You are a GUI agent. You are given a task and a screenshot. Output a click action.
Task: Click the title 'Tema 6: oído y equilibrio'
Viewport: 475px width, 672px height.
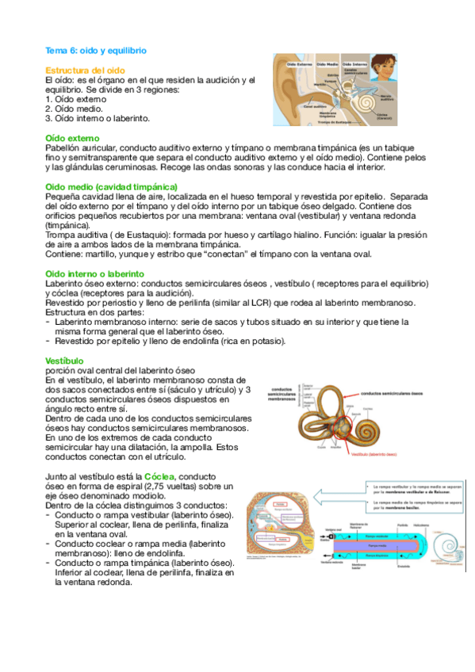(x=96, y=50)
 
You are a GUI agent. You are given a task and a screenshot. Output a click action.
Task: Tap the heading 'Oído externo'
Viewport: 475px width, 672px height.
(x=72, y=138)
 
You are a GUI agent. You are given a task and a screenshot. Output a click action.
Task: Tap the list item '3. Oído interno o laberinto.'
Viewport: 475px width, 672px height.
(x=98, y=119)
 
